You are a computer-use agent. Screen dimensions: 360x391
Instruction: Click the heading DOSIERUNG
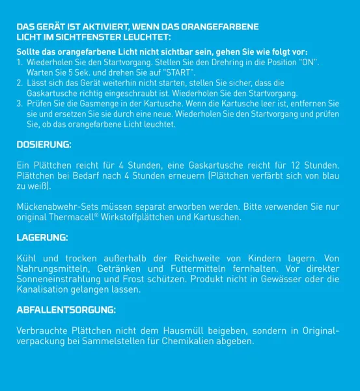pos(44,144)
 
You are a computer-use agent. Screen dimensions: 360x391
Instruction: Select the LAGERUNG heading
pos(42,238)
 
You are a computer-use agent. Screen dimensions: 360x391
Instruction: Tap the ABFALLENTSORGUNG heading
pos(66,309)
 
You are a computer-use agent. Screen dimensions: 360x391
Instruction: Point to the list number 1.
pos(19,61)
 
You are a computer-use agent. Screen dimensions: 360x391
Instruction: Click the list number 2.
pos(19,83)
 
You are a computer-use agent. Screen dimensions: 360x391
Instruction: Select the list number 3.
pos(19,104)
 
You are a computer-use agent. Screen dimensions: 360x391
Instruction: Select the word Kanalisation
pos(44,289)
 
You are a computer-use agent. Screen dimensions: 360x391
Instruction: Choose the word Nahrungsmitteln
pos(51,268)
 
